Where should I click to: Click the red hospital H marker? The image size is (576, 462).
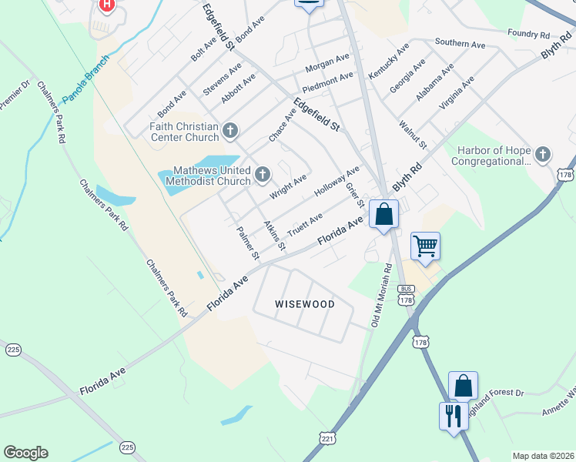pyautogui.click(x=107, y=5)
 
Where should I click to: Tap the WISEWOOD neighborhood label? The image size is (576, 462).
pyautogui.click(x=305, y=304)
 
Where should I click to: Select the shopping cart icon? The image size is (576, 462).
pyautogui.click(x=425, y=246)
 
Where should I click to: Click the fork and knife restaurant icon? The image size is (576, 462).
pyautogui.click(x=453, y=416)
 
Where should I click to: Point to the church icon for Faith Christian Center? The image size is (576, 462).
pyautogui.click(x=229, y=132)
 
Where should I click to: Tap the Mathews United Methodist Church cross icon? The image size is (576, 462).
pyautogui.click(x=262, y=175)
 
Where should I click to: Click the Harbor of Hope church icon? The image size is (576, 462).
pyautogui.click(x=543, y=155)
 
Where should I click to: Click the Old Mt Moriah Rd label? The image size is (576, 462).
pyautogui.click(x=382, y=296)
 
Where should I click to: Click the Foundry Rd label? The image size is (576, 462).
pyautogui.click(x=528, y=35)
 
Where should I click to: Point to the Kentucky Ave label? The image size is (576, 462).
pyautogui.click(x=388, y=61)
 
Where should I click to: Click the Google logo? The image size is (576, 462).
pyautogui.click(x=25, y=452)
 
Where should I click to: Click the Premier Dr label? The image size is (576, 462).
pyautogui.click(x=13, y=95)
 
